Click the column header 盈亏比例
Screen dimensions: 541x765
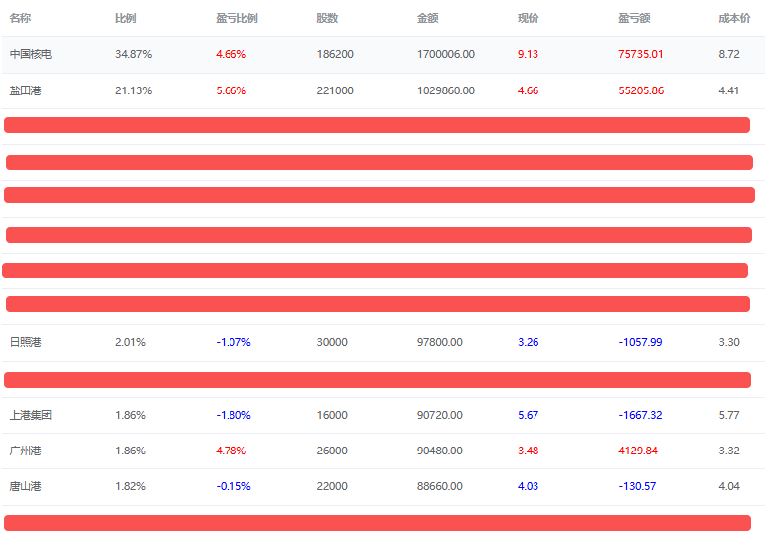coord(236,18)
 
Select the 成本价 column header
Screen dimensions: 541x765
coord(734,18)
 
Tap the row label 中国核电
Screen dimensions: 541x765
coord(30,54)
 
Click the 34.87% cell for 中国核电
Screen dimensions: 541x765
coord(133,54)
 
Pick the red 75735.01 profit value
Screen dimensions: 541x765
coord(640,54)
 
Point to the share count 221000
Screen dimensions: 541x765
coord(335,90)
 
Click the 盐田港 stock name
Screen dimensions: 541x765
coord(26,90)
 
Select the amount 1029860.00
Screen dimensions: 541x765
coord(446,90)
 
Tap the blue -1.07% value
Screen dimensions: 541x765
coord(233,342)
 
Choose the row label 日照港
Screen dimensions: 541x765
coord(26,342)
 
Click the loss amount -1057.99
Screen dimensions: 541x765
coord(640,342)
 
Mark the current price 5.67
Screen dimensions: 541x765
coord(528,415)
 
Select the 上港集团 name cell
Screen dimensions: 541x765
coord(30,415)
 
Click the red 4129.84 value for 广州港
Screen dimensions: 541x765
coord(638,451)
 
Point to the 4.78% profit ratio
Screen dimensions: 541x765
coord(230,451)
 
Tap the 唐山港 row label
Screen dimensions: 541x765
coord(26,486)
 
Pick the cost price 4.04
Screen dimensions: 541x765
coord(728,486)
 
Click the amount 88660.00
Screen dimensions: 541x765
coord(440,486)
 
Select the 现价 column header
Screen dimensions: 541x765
coord(528,18)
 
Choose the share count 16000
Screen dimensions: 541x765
coord(332,415)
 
